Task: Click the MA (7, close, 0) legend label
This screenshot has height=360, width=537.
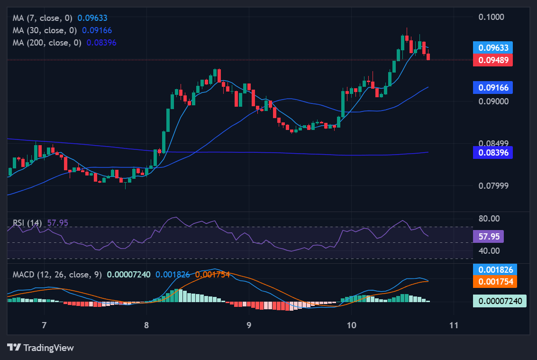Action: pyautogui.click(x=43, y=18)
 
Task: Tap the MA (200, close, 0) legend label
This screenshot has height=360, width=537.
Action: pyautogui.click(x=47, y=43)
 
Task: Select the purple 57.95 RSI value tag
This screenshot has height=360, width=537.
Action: pyautogui.click(x=488, y=236)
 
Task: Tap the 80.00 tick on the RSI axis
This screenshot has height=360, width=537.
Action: pyautogui.click(x=489, y=219)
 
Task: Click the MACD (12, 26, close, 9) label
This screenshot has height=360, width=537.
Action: pyautogui.click(x=57, y=275)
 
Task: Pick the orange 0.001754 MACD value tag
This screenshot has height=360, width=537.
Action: pyautogui.click(x=495, y=281)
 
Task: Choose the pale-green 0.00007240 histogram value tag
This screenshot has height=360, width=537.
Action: pyautogui.click(x=500, y=301)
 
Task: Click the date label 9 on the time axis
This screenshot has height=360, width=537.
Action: pyautogui.click(x=249, y=325)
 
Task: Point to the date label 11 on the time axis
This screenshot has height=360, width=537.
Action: pyautogui.click(x=454, y=325)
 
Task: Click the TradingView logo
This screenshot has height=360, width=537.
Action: pyautogui.click(x=41, y=348)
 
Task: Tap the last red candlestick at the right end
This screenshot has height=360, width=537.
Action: pyautogui.click(x=428, y=57)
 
